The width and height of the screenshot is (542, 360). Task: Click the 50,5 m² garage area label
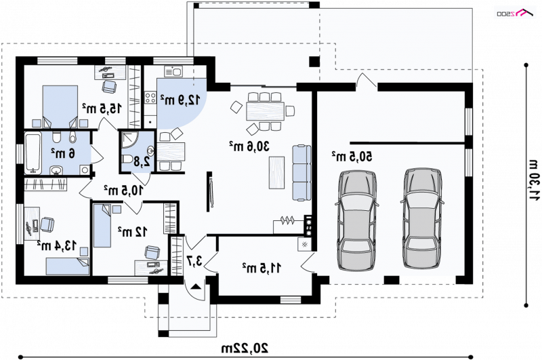[352, 157]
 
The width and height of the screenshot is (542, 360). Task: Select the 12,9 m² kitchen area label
[180, 100]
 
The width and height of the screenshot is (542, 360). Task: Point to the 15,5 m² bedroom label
[102, 108]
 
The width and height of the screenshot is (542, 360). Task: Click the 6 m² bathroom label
[63, 153]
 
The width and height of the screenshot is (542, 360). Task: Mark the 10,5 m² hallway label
[123, 190]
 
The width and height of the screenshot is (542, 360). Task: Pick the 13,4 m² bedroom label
[57, 245]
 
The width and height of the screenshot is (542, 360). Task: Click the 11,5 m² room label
[262, 268]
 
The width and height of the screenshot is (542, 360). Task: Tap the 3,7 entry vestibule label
[194, 261]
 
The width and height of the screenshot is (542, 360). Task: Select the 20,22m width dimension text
[245, 348]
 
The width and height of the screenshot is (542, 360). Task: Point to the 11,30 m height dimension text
[534, 180]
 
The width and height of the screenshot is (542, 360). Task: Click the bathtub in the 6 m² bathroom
[33, 153]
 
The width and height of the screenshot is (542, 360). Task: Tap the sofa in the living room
[301, 173]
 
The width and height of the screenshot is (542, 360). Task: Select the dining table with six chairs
[266, 111]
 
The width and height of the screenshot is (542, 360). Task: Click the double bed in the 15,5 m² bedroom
[60, 106]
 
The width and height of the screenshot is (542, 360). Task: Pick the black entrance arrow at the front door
[196, 286]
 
